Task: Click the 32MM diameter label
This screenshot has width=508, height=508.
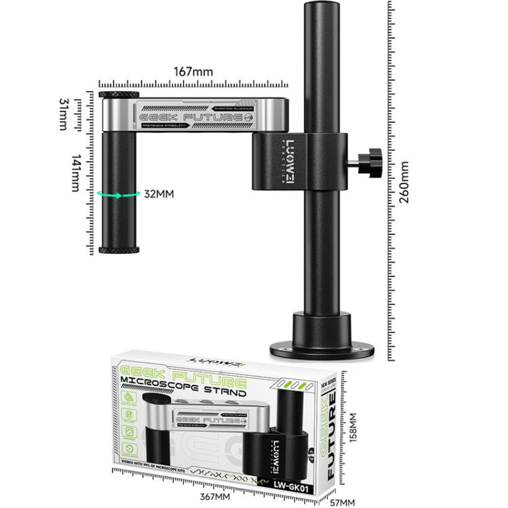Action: [x=159, y=194]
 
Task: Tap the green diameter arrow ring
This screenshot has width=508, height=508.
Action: [x=119, y=194]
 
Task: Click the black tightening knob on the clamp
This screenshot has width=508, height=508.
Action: [x=369, y=161]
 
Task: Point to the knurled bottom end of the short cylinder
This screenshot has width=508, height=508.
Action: [x=119, y=250]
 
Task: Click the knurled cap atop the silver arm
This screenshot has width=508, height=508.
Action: [x=119, y=95]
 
